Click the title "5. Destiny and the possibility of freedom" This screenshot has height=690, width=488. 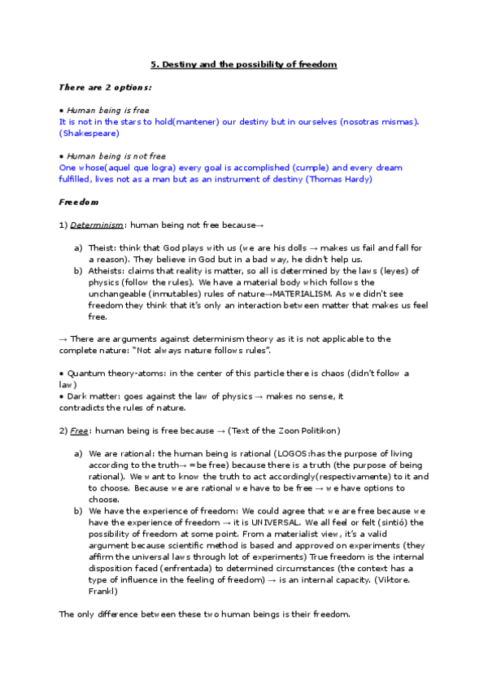point(244,63)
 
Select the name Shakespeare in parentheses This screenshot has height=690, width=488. point(90,133)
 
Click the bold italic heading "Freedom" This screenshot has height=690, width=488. point(78,201)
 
